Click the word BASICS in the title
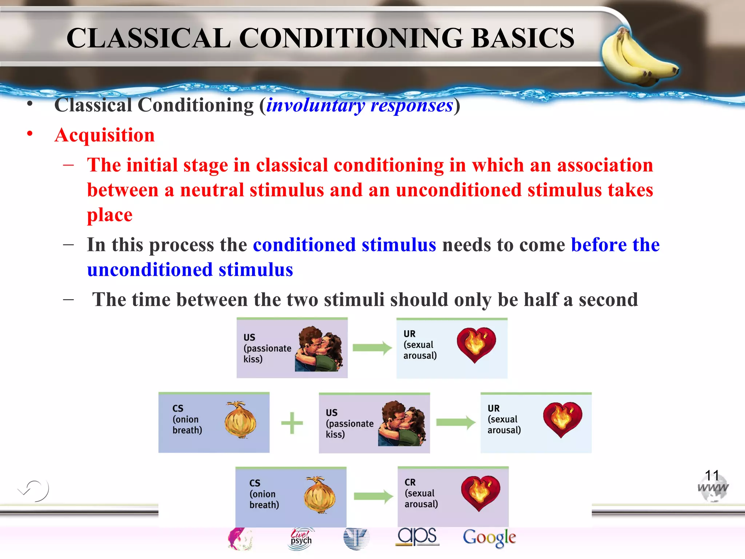point(523,38)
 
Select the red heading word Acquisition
point(104,135)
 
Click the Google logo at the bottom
point(489,538)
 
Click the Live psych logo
point(301,538)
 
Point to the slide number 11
point(712,475)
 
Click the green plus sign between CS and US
point(292,423)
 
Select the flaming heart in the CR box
point(480,493)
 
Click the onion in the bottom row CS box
point(319,495)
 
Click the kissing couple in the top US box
point(319,349)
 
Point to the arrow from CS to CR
point(373,496)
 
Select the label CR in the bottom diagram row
point(410,482)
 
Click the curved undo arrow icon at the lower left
point(35,490)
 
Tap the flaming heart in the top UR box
point(476,344)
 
